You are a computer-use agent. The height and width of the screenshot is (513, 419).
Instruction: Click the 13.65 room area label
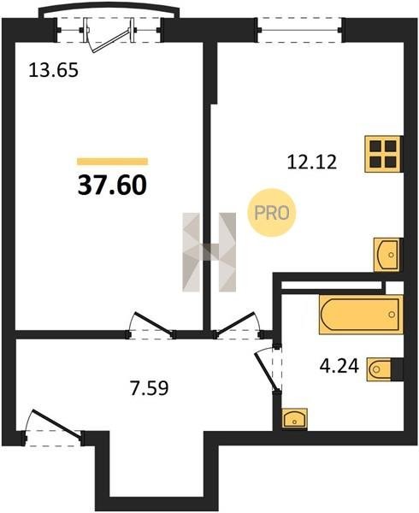(54, 70)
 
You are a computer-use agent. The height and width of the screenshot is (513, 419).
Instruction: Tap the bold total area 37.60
(112, 186)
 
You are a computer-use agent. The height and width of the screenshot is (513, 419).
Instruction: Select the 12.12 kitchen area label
(312, 162)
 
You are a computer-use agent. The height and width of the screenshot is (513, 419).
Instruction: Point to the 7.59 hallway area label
(150, 388)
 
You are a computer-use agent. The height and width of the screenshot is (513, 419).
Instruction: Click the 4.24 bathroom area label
(339, 366)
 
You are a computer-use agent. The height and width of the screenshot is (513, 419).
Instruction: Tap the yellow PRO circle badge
(271, 213)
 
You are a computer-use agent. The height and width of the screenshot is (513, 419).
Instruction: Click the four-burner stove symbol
(383, 154)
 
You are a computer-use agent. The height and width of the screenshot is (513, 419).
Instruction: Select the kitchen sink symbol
(387, 255)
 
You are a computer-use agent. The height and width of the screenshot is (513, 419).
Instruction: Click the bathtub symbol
(361, 315)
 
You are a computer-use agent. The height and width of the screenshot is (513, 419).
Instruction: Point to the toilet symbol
(381, 369)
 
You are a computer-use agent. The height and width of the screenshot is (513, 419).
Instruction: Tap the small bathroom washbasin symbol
(294, 418)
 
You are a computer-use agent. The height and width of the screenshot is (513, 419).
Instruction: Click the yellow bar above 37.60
(113, 162)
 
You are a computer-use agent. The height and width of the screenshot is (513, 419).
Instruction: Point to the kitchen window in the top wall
(300, 31)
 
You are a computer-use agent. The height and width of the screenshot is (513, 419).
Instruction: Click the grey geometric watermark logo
(209, 252)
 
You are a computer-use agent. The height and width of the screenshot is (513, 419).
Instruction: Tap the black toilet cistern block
(398, 369)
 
